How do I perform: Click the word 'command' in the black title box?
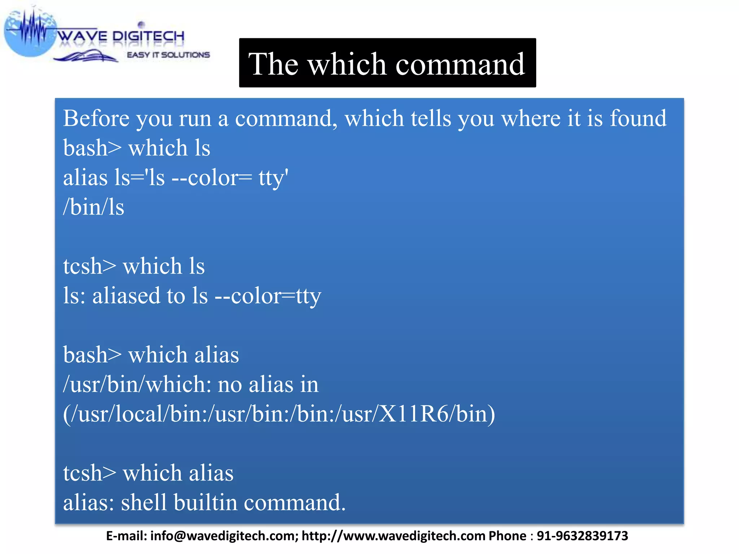tap(460, 64)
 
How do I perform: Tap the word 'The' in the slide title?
tap(273, 64)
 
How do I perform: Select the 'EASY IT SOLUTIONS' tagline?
tap(168, 55)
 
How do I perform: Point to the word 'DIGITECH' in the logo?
tap(148, 36)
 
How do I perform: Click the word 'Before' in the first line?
tap(96, 118)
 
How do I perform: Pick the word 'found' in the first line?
tap(638, 118)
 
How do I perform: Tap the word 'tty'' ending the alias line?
tap(273, 178)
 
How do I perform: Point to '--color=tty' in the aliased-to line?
tap(268, 296)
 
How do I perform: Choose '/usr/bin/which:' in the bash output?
tap(137, 384)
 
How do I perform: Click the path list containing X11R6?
tap(279, 414)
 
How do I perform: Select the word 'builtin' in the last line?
tap(205, 502)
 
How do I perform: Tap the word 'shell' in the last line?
tap(144, 502)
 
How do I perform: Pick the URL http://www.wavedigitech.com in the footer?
tap(393, 536)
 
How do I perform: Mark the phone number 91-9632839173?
tap(582, 536)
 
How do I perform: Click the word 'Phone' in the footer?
tap(507, 536)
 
